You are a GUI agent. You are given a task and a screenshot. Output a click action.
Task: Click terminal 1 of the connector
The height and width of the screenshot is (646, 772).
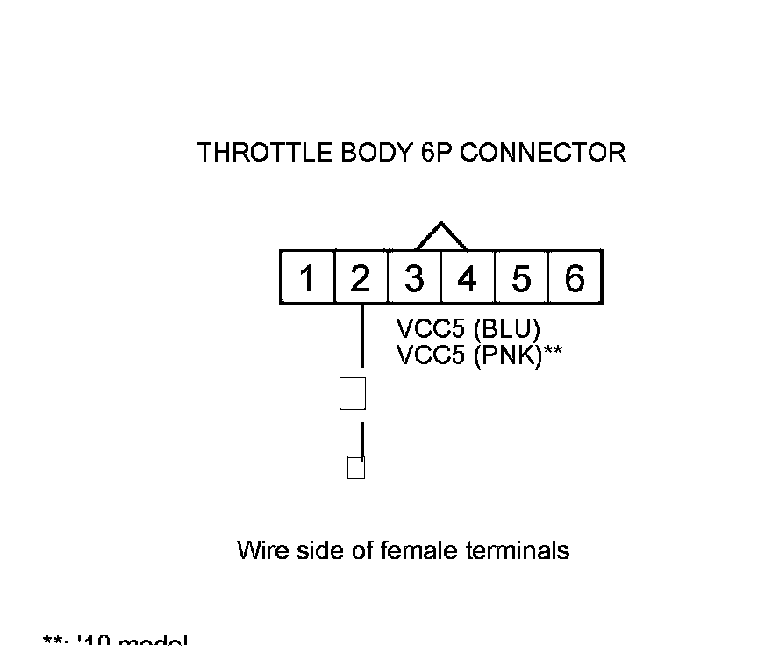pos(307,278)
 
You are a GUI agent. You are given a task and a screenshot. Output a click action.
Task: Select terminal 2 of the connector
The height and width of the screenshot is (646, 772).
pos(361,278)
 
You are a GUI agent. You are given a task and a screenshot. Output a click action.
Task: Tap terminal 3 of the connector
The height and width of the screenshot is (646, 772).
pos(414,278)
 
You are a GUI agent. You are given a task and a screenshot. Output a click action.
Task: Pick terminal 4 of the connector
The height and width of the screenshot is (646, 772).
pos(468,278)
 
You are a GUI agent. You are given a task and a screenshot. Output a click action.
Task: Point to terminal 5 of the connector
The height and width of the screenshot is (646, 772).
pos(521,278)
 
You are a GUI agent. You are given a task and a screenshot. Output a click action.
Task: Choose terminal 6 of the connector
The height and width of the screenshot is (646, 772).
pos(575,278)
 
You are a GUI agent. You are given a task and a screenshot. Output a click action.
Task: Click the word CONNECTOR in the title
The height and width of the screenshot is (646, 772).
pos(543,153)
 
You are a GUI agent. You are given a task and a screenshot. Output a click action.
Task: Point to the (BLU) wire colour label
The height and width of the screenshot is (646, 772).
pos(506,330)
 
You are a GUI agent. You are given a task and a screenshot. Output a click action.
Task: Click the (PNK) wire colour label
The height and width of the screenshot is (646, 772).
pos(508,355)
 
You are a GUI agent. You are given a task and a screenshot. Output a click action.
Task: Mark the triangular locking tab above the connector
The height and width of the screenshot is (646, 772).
pos(440,236)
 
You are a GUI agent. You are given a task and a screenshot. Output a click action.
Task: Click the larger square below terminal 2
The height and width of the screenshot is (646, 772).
pos(352,393)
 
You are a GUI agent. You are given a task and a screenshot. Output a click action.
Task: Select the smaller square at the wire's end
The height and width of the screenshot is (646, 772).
pos(355,469)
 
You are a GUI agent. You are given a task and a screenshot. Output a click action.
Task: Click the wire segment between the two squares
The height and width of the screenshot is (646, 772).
pos(362,439)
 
